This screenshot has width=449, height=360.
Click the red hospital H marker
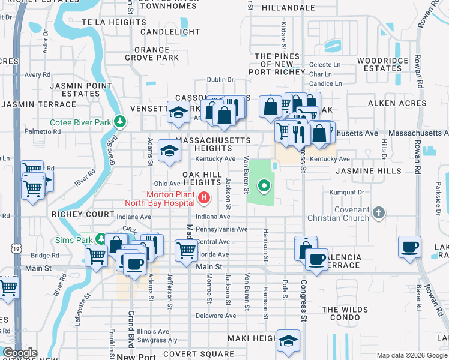205,197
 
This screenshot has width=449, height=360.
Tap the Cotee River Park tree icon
121,122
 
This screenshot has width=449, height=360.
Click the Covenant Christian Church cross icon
378,213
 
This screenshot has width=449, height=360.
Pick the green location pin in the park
265,185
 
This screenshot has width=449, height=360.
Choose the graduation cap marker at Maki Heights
288,339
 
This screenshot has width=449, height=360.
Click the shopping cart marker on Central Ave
187,249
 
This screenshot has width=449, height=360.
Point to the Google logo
19,353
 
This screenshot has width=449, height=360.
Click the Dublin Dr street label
220,79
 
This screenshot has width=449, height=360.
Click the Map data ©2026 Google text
411,355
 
